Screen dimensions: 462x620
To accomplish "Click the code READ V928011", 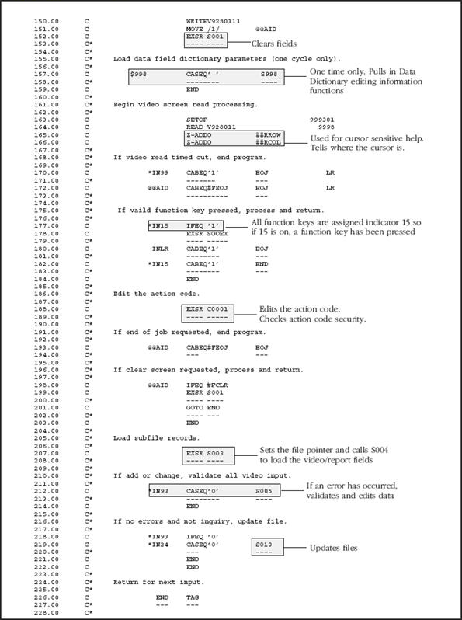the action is [x=211, y=127].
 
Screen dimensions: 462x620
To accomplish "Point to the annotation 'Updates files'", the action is [x=334, y=548].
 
